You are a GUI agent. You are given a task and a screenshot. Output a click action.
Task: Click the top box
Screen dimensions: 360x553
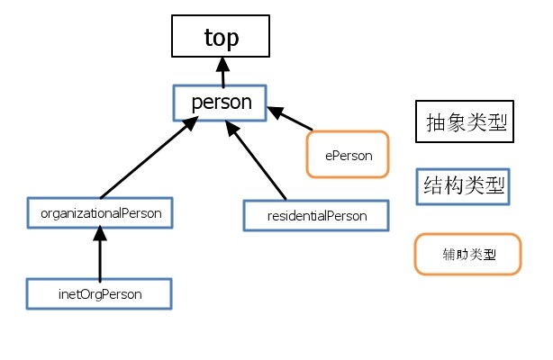pos(222,38)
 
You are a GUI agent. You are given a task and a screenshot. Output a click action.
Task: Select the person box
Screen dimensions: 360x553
pos(221,103)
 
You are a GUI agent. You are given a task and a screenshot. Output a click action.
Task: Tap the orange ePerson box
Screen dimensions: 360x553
pos(348,154)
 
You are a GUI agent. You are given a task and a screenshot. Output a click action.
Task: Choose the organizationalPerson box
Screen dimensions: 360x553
pos(100,214)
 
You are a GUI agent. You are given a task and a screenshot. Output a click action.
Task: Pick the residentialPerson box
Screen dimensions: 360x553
pos(316,216)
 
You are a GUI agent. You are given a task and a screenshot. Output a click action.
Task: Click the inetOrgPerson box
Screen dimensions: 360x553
pos(99,293)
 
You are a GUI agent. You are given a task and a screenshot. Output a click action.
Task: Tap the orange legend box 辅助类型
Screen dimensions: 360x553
pos(467,254)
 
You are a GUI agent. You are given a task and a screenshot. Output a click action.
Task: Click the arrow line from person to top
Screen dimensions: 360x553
pos(222,76)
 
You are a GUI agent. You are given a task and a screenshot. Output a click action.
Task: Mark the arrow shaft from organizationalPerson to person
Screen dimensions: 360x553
pos(144,162)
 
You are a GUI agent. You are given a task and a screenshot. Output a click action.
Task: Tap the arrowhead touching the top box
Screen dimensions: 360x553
pos(222,65)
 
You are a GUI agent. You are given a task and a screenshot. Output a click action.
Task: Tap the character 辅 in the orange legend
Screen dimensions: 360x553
pos(449,254)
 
